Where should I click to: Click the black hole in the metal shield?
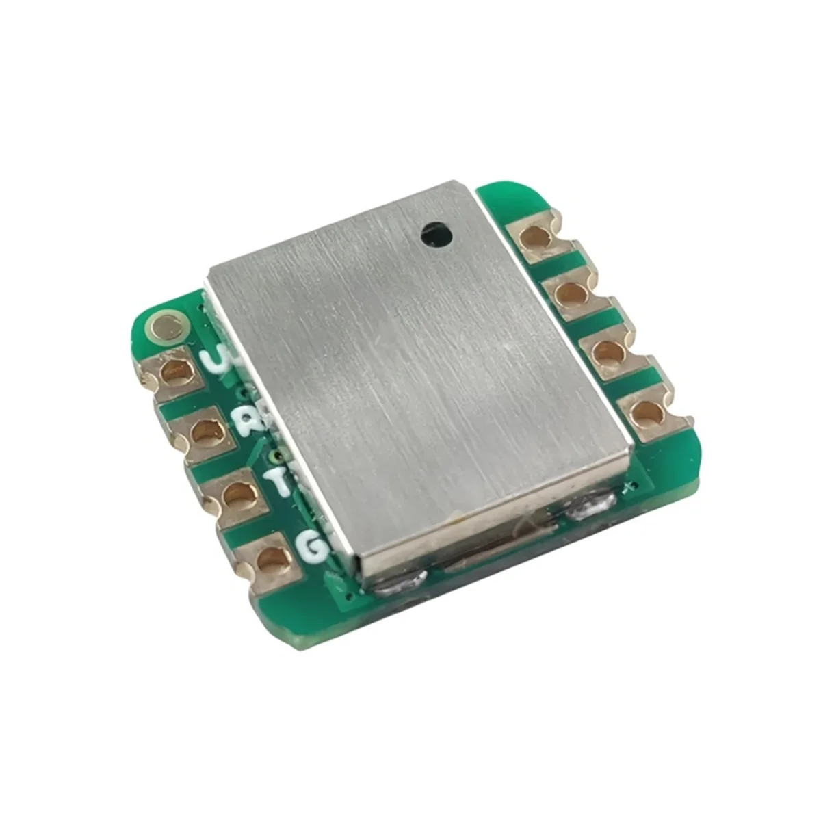[436, 235]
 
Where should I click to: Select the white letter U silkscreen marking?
[218, 359]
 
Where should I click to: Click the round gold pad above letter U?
[167, 326]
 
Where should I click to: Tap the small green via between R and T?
[276, 454]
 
